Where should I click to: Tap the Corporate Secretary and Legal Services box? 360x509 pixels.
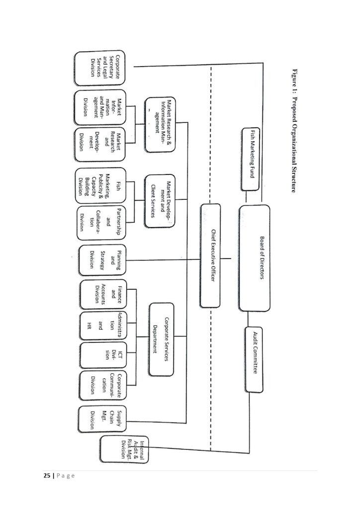pyautogui.click(x=100, y=67)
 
